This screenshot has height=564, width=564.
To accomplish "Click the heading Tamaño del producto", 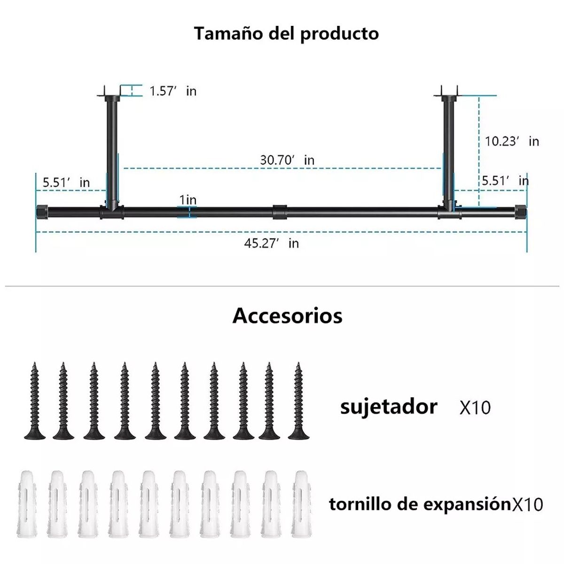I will tap(286, 34).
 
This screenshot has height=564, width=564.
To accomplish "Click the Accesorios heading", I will tap(287, 315).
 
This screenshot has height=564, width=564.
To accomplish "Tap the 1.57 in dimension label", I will tap(172, 91).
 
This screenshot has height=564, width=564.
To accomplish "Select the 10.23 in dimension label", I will tap(511, 141).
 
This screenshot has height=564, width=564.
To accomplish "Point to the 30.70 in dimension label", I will tap(287, 160).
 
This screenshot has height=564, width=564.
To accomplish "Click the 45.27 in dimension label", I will tap(271, 243).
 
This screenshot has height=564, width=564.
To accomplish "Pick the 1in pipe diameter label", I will tap(188, 200).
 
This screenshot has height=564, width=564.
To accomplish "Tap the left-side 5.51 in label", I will tap(66, 182).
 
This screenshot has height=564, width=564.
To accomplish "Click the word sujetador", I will tap(388, 407).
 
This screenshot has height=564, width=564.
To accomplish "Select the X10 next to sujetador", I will tap(475, 407).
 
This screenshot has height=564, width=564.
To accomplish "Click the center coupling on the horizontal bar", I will tap(279, 211).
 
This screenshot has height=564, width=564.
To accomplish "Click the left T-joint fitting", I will tap(112, 211).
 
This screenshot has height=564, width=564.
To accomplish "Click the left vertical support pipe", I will tap(112, 150).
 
